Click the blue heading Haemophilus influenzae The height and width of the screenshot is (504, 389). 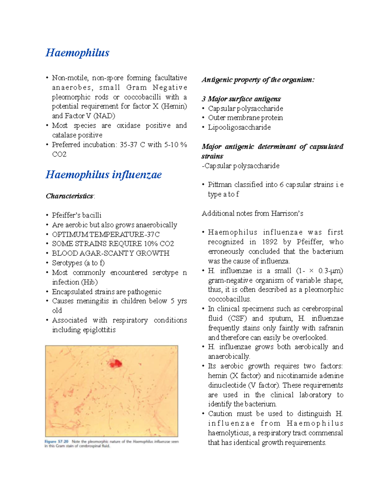pos(103,175)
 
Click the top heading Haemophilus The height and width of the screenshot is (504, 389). pos(77,53)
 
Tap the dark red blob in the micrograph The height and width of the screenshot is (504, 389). pos(115,363)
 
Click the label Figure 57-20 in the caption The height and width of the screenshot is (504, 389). pos(56,441)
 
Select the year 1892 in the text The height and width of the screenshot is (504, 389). pos(270,242)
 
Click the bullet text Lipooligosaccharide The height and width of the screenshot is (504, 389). pos(239,127)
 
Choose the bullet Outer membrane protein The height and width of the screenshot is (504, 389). pos(245,118)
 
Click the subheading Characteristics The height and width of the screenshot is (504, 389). pos(70,196)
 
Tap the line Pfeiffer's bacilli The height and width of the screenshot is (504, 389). pos(77,215)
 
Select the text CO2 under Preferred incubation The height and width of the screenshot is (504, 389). pos(59,154)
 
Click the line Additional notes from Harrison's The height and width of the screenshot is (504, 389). pos(252,213)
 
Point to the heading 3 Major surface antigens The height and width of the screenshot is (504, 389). pos(241,99)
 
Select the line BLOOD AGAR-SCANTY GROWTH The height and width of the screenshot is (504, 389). pos(111,253)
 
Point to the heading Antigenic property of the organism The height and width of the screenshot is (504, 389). pos(258,80)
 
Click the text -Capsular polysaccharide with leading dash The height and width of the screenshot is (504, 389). pos(241,166)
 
